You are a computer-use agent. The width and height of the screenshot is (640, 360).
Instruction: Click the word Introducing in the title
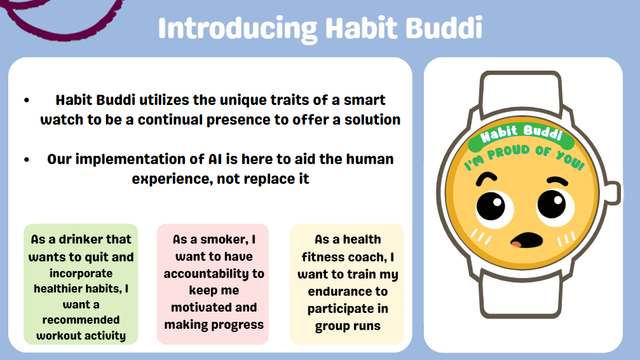tap(238, 29)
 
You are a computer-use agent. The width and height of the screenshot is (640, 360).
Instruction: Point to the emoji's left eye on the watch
tap(491, 205)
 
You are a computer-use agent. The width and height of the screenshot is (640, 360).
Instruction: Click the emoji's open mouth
tap(527, 240)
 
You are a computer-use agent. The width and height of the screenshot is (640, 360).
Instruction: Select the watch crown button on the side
tap(612, 193)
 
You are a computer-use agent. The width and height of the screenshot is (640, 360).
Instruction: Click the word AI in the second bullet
tap(215, 159)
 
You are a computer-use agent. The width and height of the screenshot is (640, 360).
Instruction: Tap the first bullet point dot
tap(27, 100)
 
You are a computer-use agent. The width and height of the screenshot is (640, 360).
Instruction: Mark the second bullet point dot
tap(27, 160)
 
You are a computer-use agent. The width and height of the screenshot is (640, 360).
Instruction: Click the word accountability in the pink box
tap(214, 273)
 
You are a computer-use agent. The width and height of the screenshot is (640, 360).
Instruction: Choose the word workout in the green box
tap(57, 335)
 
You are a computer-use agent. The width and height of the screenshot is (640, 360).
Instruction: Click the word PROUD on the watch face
tap(509, 152)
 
